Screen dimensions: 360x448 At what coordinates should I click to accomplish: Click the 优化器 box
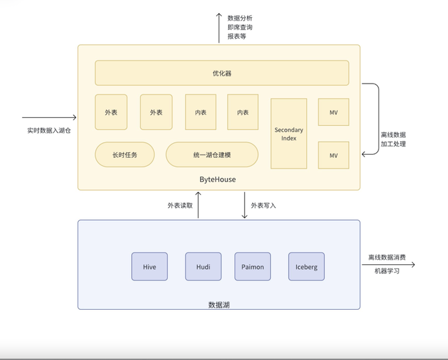(221, 73)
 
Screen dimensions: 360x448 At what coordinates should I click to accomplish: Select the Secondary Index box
(288, 134)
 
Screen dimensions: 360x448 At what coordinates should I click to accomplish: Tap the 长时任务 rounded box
(125, 155)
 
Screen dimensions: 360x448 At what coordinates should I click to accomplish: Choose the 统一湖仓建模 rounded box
(211, 155)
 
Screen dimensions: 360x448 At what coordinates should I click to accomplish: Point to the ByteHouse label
(217, 179)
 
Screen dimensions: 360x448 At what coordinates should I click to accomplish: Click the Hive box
(149, 266)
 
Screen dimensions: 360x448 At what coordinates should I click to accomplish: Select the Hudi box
(203, 266)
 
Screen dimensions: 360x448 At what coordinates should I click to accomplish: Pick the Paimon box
(252, 266)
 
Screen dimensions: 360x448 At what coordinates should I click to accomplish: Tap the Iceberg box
(306, 266)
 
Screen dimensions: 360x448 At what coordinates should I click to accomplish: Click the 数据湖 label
(219, 304)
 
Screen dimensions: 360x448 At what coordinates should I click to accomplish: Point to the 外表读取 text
(180, 205)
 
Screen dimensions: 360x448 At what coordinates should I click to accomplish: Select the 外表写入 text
(263, 205)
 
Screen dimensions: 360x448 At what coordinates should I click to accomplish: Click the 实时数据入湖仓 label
(49, 130)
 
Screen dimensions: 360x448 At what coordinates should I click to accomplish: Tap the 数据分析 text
(240, 18)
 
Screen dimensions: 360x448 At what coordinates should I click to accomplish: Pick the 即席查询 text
(240, 27)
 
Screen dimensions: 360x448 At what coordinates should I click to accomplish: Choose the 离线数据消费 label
(386, 257)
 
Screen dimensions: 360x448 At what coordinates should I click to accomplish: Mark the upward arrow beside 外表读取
(198, 205)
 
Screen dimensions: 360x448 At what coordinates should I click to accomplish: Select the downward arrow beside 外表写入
(244, 205)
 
